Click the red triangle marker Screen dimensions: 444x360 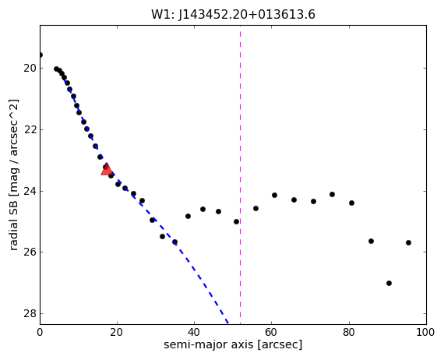pos(107,169)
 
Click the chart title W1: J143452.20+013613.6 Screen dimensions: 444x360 pos(233,15)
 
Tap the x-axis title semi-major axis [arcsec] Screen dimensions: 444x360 pos(233,344)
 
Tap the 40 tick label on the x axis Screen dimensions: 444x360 pos(194,332)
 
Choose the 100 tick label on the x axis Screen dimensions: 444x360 pos(425,332)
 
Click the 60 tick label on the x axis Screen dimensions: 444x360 pos(272,332)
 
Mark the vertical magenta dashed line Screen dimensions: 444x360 pos(241,175)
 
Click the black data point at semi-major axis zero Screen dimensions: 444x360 pos(41,55)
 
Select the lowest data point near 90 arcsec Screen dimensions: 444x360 pos(389,283)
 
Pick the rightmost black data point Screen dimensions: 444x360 pos(408,243)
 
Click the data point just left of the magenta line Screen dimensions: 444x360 pos(237,222)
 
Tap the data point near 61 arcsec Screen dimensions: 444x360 pos(274,195)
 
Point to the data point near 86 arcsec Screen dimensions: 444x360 pos(371,242)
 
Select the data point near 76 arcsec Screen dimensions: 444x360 pos(332,194)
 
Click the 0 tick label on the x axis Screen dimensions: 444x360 pos(40,332)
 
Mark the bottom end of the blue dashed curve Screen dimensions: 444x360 pos(228,323)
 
